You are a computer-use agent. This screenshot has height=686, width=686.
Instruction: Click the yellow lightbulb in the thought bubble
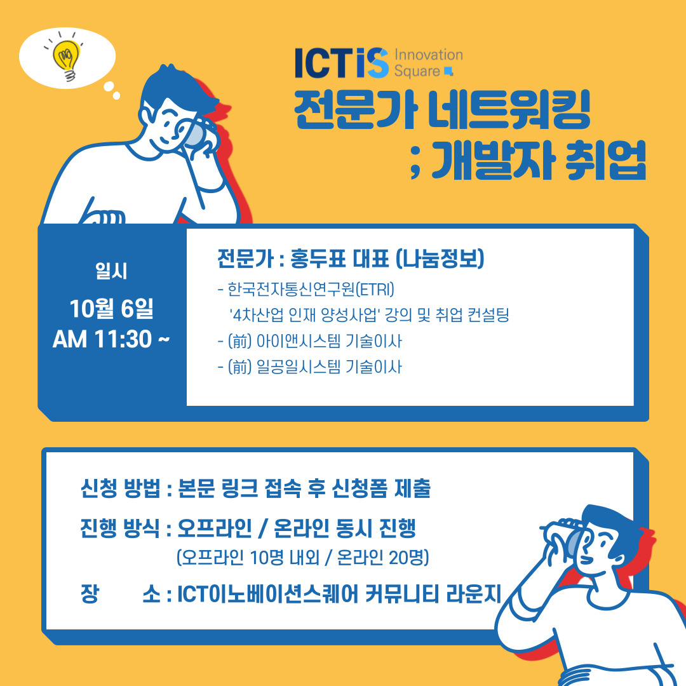pos(66,60)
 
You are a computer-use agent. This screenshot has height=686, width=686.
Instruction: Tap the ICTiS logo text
pos(342,63)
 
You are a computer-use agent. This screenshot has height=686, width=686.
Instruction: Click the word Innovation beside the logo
pos(429,55)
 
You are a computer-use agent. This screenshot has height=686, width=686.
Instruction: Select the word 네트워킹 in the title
pos(509,110)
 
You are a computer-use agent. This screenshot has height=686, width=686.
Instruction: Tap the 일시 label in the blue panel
pos(112,271)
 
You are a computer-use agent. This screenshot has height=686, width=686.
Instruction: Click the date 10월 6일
pos(112,309)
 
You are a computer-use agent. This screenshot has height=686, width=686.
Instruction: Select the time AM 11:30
pos(102,339)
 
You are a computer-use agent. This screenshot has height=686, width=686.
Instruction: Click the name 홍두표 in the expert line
pos(318,258)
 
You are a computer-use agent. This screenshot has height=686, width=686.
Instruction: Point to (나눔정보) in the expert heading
pos(440,258)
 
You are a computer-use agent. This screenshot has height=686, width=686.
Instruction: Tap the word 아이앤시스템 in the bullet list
pos(299,341)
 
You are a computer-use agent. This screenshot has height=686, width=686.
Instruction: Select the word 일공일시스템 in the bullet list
pos(299,367)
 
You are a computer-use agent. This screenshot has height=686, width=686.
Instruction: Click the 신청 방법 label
pos(121,488)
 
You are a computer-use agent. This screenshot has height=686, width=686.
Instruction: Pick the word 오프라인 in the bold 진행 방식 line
pos(215,528)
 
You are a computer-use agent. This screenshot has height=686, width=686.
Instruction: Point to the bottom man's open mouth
pos(588,560)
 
